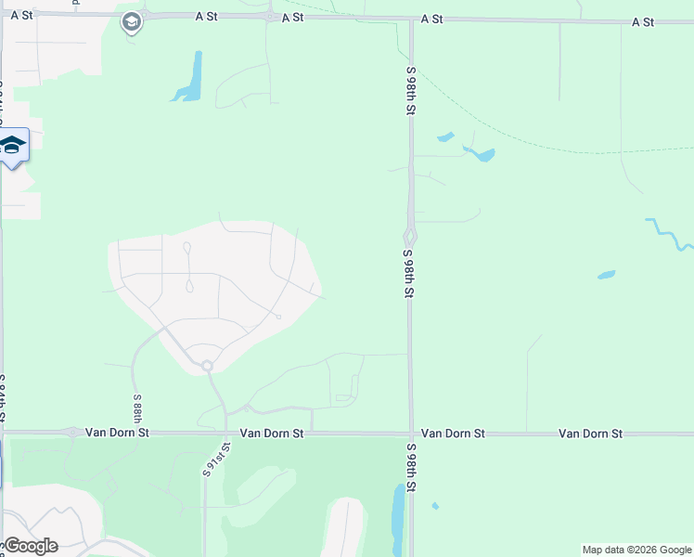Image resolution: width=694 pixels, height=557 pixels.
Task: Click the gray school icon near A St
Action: (x=132, y=23)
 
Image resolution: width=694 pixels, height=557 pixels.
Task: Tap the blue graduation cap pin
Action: (x=12, y=146)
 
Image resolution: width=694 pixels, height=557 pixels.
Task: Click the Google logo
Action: (x=30, y=545)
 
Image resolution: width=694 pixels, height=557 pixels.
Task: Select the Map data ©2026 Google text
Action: (x=636, y=550)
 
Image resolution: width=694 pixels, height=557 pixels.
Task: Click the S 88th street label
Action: (x=137, y=408)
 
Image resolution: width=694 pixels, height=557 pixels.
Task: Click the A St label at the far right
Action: (x=643, y=21)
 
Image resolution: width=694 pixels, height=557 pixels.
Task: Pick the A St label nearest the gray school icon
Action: (x=205, y=17)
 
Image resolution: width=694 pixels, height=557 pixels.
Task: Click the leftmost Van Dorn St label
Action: (x=117, y=433)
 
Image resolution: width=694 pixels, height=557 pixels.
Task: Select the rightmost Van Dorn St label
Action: (x=590, y=434)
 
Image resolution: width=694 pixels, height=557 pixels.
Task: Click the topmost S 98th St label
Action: (x=409, y=90)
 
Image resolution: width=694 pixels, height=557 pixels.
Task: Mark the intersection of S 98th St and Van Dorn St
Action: (x=410, y=434)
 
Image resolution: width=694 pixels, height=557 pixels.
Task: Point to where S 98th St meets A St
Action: (x=409, y=19)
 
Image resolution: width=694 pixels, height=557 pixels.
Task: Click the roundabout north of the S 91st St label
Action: (x=207, y=366)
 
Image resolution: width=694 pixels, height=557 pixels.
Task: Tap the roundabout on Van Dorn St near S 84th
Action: (x=72, y=432)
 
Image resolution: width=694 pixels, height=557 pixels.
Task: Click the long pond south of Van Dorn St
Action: (x=398, y=520)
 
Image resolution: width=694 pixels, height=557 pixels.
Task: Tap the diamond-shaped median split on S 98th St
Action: (x=409, y=236)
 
